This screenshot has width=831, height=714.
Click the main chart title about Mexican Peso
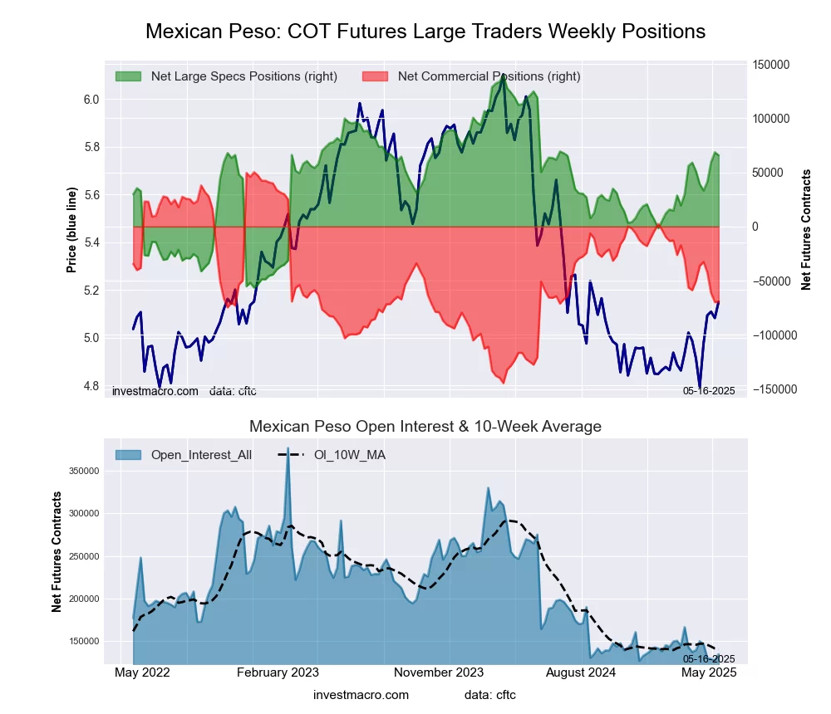tap(425, 32)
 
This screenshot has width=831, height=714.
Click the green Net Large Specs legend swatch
tap(128, 76)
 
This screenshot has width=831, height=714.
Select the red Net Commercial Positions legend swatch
tap(375, 76)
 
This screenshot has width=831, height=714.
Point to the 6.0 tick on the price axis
tap(91, 100)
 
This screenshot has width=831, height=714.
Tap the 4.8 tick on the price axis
tap(91, 386)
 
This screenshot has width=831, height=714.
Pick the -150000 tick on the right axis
tap(771, 389)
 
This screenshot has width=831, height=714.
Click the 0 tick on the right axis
tap(756, 227)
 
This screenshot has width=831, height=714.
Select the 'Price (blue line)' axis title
tap(72, 230)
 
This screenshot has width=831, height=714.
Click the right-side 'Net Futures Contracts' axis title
tap(806, 230)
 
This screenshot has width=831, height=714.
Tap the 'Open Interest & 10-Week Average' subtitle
tap(425, 427)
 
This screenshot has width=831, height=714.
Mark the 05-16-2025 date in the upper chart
tap(709, 390)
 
